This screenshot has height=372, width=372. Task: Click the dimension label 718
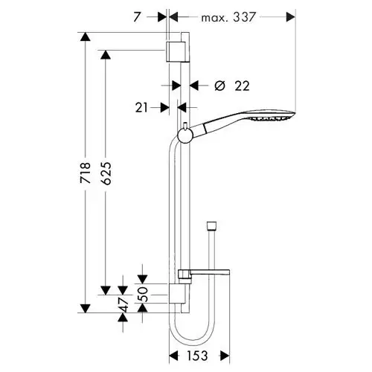(x=85, y=173)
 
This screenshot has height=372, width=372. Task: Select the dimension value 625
(x=106, y=173)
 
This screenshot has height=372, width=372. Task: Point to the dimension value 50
(x=143, y=294)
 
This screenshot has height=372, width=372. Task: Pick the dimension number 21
(x=141, y=108)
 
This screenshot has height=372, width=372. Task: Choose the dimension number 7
(x=137, y=17)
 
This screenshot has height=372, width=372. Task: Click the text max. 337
(x=228, y=17)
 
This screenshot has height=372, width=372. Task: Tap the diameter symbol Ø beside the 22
(x=219, y=86)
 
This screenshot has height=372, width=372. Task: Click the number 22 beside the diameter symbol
(x=242, y=86)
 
